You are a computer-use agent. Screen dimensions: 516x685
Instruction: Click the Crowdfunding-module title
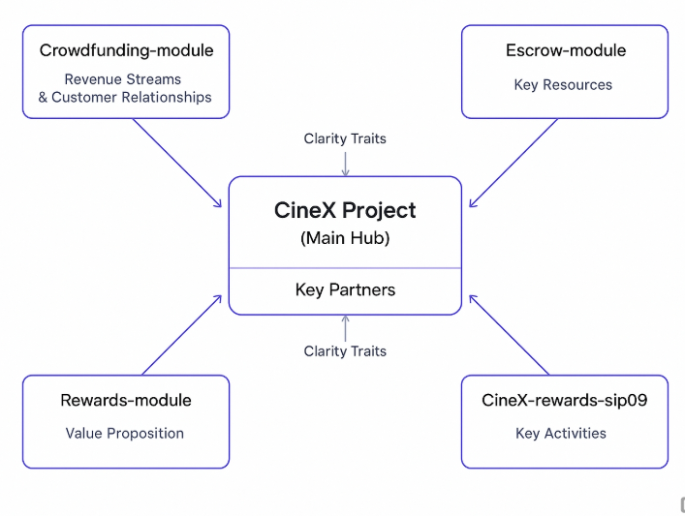point(126,50)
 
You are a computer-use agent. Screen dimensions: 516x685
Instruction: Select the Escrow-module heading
point(565,50)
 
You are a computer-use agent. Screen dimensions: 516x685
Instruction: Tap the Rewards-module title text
point(126,400)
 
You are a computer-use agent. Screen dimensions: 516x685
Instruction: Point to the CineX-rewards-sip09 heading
point(564,400)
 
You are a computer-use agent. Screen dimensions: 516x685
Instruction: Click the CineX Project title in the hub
point(345,210)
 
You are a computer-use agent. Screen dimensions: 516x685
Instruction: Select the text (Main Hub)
point(345,237)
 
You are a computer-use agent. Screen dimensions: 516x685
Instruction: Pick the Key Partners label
point(345,289)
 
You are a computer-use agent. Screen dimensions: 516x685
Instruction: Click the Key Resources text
point(563,84)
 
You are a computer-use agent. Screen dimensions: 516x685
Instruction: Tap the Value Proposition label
point(125,433)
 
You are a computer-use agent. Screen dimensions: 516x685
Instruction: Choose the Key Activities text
point(561,433)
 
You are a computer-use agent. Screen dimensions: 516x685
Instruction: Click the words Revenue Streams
point(123,79)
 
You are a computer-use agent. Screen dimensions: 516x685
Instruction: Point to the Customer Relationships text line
point(125,97)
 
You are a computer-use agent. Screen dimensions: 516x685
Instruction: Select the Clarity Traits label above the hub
point(345,138)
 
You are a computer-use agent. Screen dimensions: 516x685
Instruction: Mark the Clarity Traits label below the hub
point(345,350)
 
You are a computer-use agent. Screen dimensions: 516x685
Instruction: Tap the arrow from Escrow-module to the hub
point(514,162)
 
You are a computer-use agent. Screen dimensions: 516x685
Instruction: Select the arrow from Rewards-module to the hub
point(182,335)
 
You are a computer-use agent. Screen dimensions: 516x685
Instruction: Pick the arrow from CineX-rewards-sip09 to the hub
point(508,335)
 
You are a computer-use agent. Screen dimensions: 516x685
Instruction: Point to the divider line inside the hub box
point(345,268)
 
